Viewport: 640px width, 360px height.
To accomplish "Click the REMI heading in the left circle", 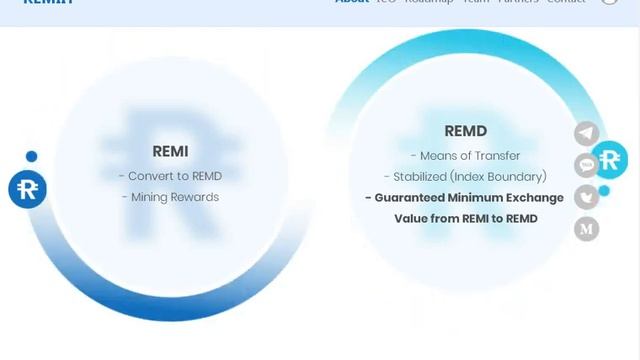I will tap(170, 151).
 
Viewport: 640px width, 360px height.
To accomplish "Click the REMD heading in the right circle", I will tap(465, 131).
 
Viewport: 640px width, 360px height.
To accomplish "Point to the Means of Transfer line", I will tap(465, 156).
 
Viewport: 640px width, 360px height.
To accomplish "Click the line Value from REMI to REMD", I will tap(465, 218).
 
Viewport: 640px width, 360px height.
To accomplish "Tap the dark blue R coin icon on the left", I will tap(27, 189).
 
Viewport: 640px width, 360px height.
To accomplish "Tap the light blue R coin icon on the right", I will tap(609, 159).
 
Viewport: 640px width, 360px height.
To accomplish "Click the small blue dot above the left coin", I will tap(32, 156).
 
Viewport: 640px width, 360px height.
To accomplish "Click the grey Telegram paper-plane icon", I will tap(587, 133).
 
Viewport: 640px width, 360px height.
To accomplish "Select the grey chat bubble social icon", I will tap(587, 165).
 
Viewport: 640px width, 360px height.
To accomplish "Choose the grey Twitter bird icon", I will tap(587, 197).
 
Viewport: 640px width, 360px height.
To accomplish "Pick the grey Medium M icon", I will tap(587, 229).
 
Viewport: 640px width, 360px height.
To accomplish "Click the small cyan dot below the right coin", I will tap(604, 190).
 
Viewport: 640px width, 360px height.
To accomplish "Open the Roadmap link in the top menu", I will tap(429, 2).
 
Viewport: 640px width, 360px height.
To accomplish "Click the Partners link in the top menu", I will tap(518, 2).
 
